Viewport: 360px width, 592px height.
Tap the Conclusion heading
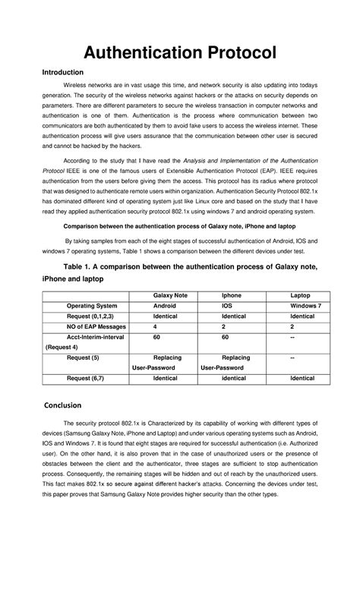(x=68, y=404)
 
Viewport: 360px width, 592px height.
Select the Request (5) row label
(x=83, y=356)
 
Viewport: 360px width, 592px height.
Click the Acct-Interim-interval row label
(x=98, y=335)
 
